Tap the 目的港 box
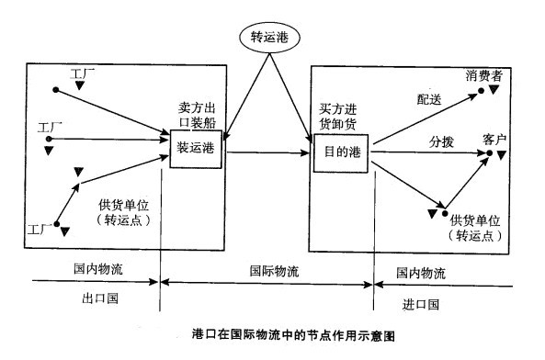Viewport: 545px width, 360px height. (x=340, y=152)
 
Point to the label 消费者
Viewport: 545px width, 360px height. (x=483, y=76)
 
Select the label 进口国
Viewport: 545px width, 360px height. (x=421, y=303)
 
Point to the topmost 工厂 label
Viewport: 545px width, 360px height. (x=84, y=72)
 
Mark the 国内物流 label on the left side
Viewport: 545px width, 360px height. (x=98, y=273)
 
